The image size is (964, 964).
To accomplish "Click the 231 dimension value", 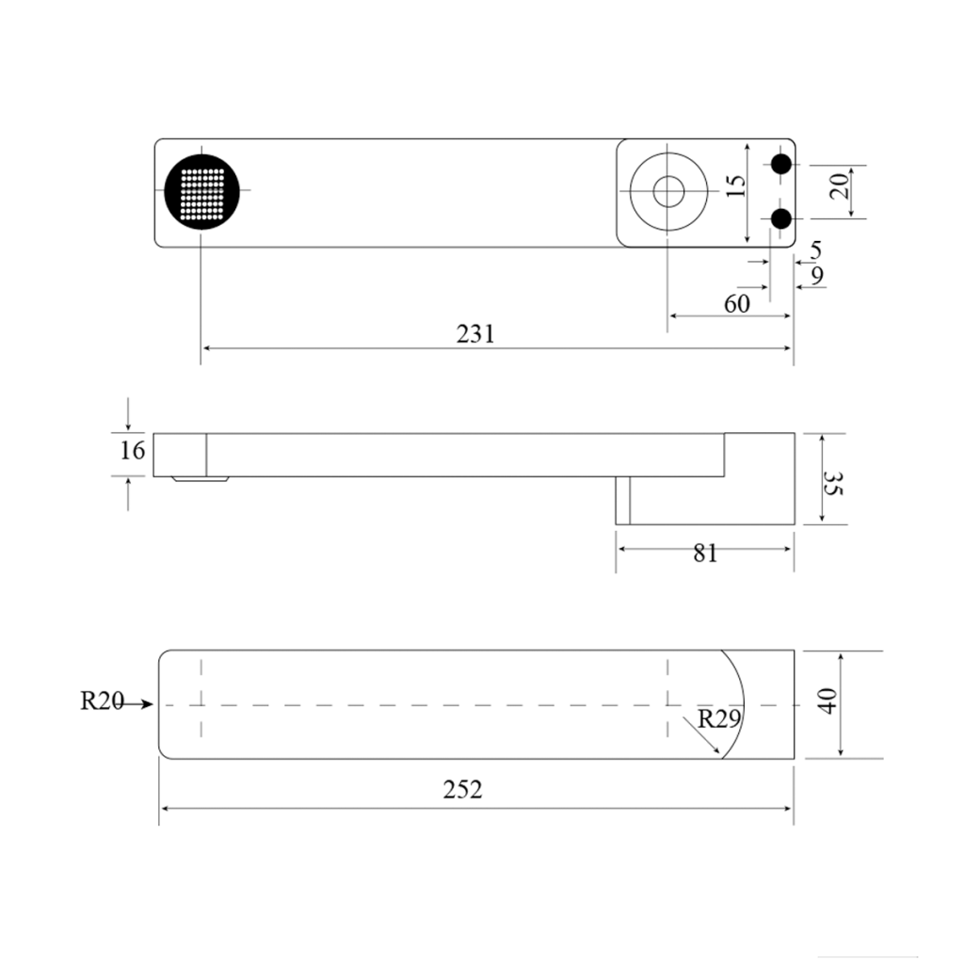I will tap(475, 333).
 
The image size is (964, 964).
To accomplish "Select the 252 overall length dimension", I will tap(462, 789).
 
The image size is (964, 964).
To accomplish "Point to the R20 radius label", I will tap(102, 701).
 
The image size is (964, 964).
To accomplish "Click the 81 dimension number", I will tap(705, 553).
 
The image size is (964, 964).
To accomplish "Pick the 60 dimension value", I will tap(736, 303).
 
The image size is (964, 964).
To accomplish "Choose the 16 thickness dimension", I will tap(133, 450).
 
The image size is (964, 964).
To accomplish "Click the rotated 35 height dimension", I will tap(831, 484).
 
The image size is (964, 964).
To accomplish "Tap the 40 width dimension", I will tap(827, 702).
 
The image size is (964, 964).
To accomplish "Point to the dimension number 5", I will tap(815, 249).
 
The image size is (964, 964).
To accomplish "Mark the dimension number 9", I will tap(816, 275).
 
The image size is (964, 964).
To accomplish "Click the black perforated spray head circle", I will tap(201, 190).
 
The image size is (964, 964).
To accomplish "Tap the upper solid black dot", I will tap(780, 164).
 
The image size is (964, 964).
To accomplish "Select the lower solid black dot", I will tap(780, 218).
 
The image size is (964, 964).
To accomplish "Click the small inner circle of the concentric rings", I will tap(668, 191).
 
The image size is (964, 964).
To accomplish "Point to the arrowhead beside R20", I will tap(145, 703).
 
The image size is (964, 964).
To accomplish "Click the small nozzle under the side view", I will tap(200, 479).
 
